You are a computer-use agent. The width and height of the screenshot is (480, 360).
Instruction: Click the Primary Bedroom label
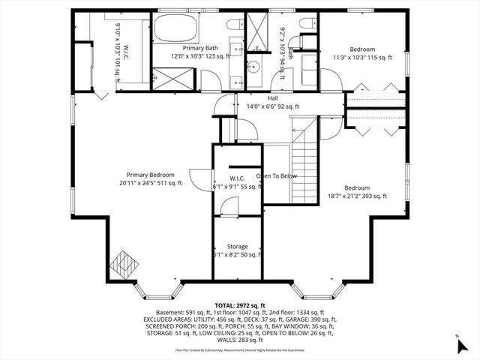[x=150, y=174]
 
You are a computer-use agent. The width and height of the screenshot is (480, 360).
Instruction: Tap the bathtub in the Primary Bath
[x=176, y=30]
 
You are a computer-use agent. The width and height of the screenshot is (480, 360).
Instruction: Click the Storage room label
[x=238, y=246]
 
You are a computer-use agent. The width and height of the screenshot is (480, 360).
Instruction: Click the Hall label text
[x=273, y=97]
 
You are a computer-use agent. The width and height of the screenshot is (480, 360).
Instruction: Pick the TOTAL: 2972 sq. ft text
[x=240, y=305]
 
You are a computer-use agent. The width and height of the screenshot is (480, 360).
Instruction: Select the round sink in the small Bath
[x=253, y=67]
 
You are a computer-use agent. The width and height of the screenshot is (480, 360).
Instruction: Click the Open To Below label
[x=277, y=176]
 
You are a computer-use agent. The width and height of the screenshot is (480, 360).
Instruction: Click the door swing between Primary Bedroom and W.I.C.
[x=198, y=178]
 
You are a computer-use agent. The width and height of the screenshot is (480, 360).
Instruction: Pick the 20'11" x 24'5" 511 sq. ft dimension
[x=150, y=183]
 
